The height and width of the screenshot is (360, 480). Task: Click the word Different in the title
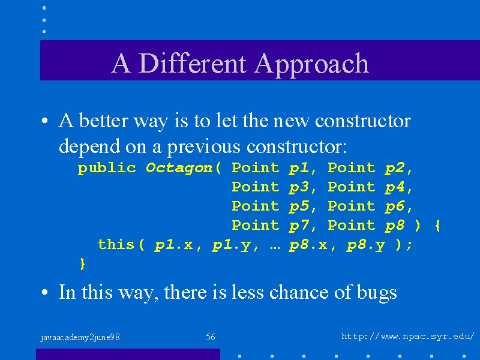click(192, 63)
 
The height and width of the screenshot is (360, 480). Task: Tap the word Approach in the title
click(311, 65)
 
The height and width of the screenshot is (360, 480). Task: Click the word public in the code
click(107, 169)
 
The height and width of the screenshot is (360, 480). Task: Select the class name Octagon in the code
click(179, 169)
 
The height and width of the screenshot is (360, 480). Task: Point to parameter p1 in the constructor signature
click(299, 169)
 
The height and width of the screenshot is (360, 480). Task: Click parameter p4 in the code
click(395, 188)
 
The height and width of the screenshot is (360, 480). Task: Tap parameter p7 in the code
click(299, 226)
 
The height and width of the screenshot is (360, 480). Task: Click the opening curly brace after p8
click(437, 226)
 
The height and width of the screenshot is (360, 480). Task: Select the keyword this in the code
click(116, 245)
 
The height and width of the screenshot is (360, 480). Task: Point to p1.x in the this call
click(173, 245)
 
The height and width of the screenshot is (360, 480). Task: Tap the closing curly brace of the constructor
click(82, 264)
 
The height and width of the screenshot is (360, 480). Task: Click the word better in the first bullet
click(103, 121)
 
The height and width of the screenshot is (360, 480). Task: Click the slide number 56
click(211, 337)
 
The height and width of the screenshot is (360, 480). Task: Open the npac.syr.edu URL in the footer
click(408, 337)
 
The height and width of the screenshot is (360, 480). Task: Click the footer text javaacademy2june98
click(80, 338)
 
